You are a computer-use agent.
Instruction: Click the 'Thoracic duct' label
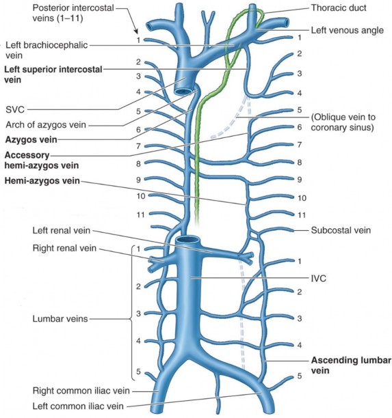[x=339, y=8]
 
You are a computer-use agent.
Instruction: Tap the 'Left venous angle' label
[x=347, y=30]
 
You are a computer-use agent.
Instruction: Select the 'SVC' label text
[x=15, y=109]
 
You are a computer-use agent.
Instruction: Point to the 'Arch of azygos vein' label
[x=46, y=124]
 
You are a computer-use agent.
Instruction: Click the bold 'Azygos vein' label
[x=31, y=139]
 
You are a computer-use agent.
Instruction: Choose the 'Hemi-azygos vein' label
[x=42, y=181]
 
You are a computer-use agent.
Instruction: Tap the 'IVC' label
[x=319, y=279]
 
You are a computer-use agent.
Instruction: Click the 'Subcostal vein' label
[x=341, y=230]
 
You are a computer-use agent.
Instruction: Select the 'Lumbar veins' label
[x=60, y=318]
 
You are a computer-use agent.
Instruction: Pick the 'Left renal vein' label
[x=62, y=230]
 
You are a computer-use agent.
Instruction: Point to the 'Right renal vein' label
[x=64, y=248]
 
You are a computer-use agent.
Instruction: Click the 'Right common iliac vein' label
[x=81, y=391]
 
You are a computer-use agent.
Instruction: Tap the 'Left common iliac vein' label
[x=78, y=406]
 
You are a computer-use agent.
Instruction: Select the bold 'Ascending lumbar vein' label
[x=351, y=365]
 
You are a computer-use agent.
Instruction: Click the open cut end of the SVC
[x=183, y=92]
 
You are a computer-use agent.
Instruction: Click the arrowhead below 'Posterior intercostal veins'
[x=136, y=31]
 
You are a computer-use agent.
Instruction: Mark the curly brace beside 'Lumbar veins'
[x=131, y=313]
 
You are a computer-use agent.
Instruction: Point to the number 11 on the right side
[x=302, y=215]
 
